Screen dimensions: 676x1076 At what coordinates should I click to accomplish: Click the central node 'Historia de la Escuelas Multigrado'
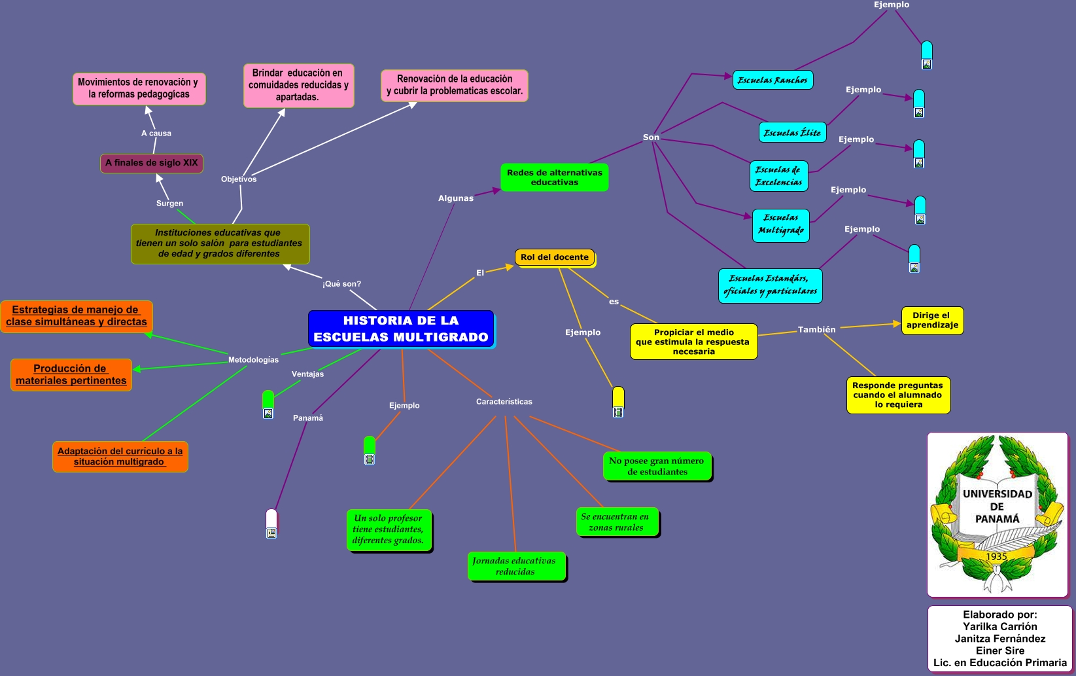pos(401,329)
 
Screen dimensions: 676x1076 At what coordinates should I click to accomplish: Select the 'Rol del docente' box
pos(555,257)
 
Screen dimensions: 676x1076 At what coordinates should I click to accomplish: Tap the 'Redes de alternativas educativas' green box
pos(554,177)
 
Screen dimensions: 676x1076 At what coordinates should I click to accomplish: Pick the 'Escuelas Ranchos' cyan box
pos(772,80)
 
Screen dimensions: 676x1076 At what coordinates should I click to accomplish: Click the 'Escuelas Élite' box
pos(792,132)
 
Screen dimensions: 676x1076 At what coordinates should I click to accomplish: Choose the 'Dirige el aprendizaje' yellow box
pos(932,320)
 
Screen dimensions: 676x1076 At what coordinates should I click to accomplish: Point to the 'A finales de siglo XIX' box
pos(152,163)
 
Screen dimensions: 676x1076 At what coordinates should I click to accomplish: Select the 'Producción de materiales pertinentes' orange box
pos(71,374)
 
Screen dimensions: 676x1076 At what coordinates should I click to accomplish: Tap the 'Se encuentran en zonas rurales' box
pos(616,522)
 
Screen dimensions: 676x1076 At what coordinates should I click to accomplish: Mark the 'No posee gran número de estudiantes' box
pos(657,466)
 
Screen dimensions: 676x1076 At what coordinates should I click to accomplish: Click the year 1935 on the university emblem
pos(996,556)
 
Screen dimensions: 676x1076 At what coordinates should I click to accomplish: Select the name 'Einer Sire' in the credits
pos(999,650)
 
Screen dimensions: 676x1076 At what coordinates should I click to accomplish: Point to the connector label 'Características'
pos(504,402)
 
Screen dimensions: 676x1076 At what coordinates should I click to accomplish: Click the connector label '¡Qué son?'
pos(341,284)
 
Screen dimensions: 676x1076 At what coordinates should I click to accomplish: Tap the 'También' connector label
pos(816,330)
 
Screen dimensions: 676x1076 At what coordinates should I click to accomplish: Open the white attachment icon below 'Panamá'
pos(271,524)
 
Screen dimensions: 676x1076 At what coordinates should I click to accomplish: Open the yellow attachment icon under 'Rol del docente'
pos(618,402)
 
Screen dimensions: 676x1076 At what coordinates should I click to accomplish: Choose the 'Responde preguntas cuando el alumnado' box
pos(897,395)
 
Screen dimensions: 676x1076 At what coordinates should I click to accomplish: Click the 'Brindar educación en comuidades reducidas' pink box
pos(298,85)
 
